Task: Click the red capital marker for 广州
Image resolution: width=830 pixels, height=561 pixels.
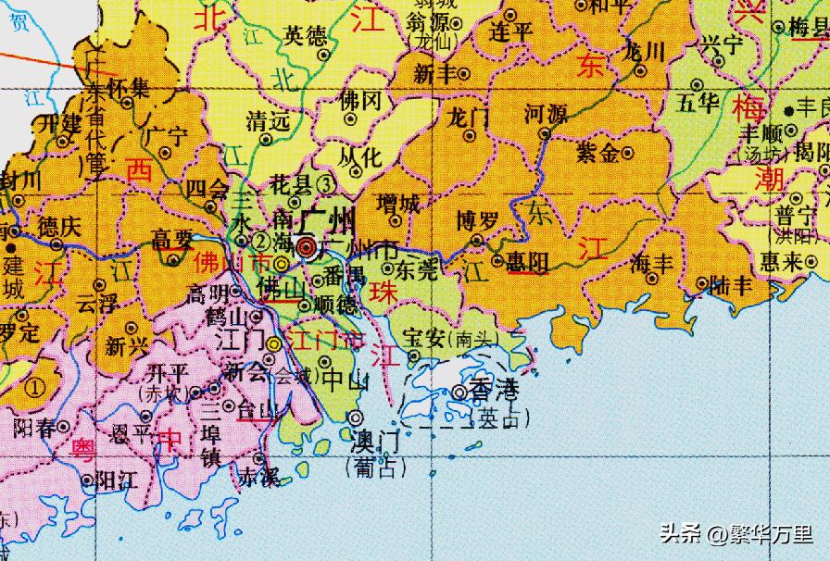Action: coord(307,245)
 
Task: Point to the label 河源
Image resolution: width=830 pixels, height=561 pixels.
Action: coord(546,115)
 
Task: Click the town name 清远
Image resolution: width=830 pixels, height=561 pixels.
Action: coord(269,120)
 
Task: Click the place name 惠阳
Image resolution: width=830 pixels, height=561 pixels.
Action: coord(527,262)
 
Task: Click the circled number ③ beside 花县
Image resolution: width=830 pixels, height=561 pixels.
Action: coord(324,183)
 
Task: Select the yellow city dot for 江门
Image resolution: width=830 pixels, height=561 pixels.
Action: coord(274,344)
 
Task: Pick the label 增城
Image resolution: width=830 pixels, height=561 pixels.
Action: coord(398,202)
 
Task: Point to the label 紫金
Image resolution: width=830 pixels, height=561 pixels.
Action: coord(598,154)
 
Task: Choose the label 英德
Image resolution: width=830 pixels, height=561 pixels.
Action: coord(305,36)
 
